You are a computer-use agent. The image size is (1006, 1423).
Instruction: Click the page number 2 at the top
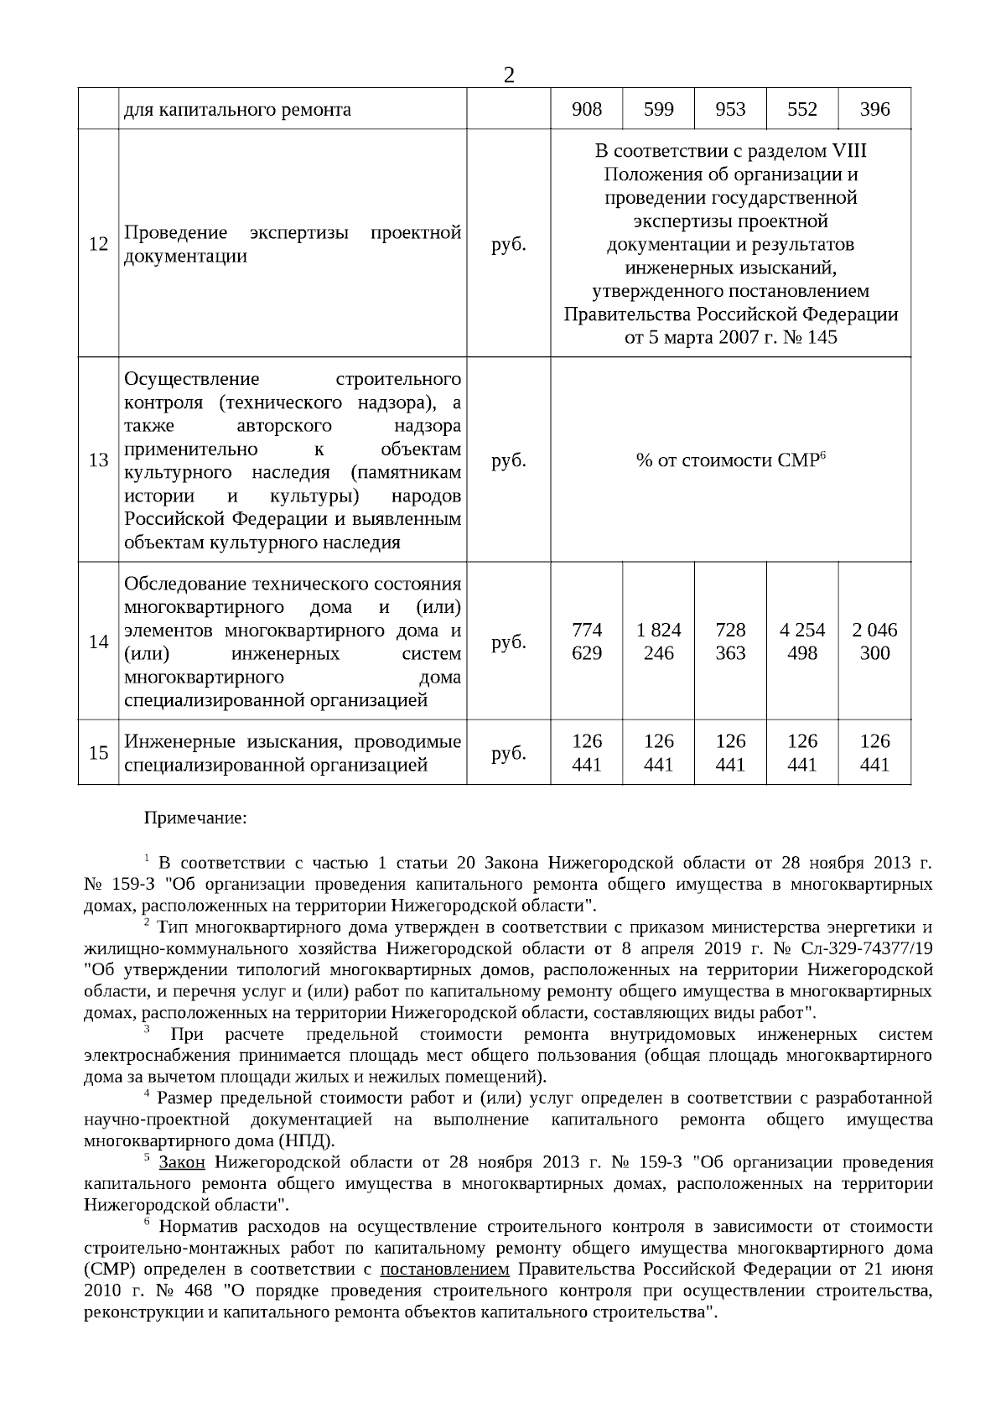click(508, 76)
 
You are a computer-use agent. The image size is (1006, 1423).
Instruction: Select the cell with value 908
click(586, 110)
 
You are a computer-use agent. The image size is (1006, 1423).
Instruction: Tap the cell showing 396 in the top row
click(874, 110)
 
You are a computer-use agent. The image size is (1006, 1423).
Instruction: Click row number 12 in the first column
click(98, 244)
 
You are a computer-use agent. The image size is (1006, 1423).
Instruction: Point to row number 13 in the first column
click(98, 460)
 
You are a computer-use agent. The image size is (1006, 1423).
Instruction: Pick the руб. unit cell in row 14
click(508, 642)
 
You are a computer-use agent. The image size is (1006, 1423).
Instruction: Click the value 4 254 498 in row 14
click(802, 641)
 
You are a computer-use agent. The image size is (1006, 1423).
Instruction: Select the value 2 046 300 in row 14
click(874, 641)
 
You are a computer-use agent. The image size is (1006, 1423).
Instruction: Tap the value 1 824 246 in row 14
click(658, 641)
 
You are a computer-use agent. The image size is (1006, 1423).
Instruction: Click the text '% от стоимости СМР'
click(730, 460)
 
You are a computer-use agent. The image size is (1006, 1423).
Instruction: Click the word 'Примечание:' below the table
click(195, 818)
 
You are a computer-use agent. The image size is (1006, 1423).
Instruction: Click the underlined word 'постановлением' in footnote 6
click(444, 1269)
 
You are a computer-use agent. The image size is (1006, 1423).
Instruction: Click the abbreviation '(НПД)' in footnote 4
click(309, 1141)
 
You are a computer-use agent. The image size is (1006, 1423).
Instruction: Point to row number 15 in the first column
click(98, 753)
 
